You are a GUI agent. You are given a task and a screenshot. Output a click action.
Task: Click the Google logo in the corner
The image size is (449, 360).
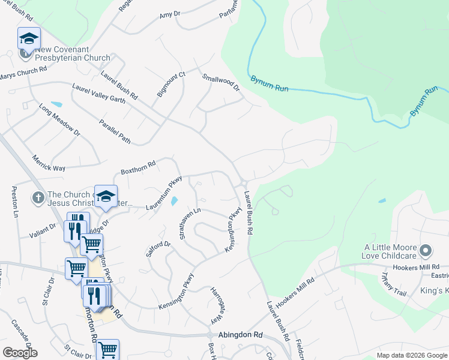[20, 353]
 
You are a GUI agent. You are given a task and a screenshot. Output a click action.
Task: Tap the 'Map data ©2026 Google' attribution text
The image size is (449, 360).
[411, 355]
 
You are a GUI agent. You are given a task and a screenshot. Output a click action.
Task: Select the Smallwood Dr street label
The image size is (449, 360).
[221, 83]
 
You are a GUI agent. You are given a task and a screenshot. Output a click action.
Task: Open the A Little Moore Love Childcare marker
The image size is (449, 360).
[426, 250]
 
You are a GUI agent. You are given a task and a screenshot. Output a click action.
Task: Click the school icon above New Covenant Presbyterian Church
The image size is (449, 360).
[29, 38]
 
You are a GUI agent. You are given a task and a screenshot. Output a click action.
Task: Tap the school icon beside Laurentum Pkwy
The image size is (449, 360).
[106, 197]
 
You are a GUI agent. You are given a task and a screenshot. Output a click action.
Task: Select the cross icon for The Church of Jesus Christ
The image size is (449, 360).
[37, 197]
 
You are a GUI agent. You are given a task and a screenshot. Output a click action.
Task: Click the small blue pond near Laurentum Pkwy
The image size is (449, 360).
[174, 201]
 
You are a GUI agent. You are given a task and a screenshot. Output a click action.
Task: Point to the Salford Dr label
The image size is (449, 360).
[158, 248]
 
